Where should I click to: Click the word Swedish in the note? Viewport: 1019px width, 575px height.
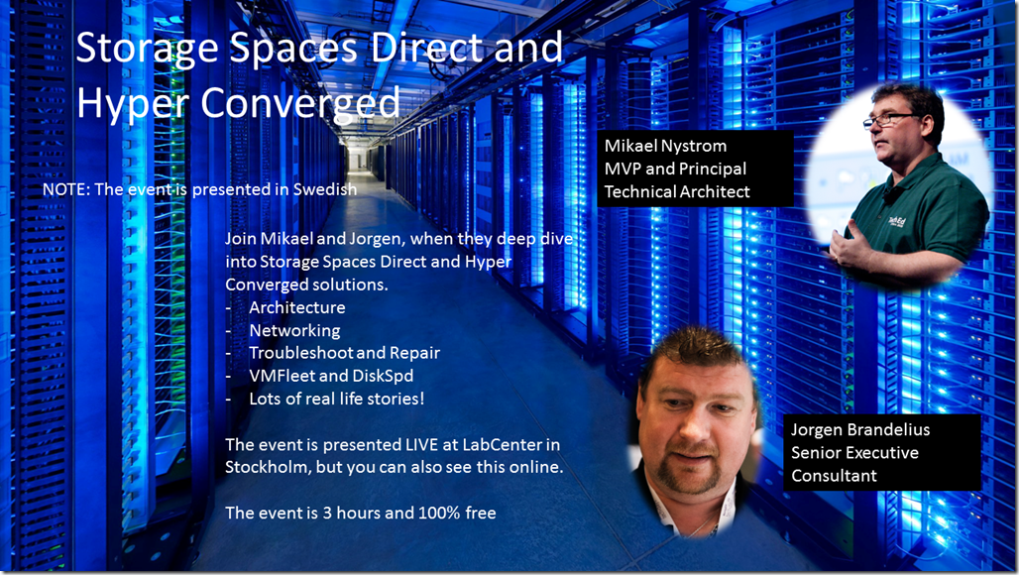pos(325,189)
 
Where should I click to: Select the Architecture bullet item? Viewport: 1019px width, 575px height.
pos(297,307)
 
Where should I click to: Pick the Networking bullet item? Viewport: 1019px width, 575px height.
pos(295,331)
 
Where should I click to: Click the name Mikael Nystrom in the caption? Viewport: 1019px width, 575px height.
pos(665,146)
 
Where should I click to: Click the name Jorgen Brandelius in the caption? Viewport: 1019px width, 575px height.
pos(860,430)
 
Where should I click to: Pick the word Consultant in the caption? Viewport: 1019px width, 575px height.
pos(834,476)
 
